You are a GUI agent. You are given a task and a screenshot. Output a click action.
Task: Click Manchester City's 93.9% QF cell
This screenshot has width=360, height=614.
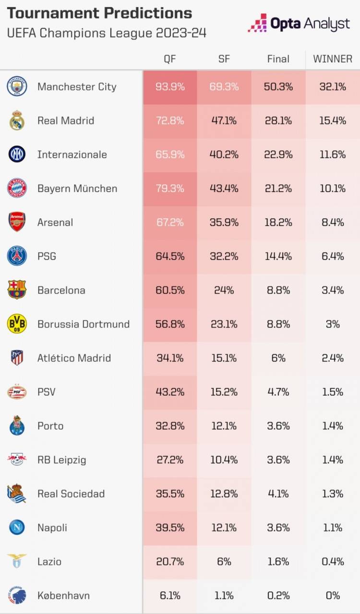pyautogui.click(x=170, y=87)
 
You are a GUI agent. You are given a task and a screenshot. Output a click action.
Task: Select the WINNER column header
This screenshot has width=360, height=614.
pyautogui.click(x=333, y=59)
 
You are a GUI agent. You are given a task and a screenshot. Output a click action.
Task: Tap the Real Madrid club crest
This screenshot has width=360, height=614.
pyautogui.click(x=17, y=120)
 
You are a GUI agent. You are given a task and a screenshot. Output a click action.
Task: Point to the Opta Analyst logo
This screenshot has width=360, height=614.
pyautogui.click(x=299, y=23)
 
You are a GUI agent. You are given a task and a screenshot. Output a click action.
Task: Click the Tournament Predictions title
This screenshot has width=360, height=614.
pyautogui.click(x=99, y=13)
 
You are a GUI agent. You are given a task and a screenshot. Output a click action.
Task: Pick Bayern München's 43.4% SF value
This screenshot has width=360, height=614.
pyautogui.click(x=224, y=189)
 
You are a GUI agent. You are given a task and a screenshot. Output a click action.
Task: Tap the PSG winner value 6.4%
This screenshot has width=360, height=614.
pyautogui.click(x=333, y=256)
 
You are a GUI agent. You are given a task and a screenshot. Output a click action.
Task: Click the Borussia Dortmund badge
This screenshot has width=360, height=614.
pyautogui.click(x=17, y=324)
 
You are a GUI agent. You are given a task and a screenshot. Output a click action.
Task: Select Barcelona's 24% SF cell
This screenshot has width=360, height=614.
pyautogui.click(x=224, y=290)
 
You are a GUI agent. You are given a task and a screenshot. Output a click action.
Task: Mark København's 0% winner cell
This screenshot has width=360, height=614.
pyautogui.click(x=333, y=596)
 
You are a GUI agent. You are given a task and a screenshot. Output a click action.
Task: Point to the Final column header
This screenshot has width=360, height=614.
pyautogui.click(x=278, y=59)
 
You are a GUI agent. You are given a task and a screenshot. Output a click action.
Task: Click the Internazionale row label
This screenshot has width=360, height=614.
pyautogui.click(x=72, y=154)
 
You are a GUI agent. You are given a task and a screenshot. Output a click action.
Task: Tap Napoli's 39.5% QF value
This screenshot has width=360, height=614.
pyautogui.click(x=170, y=528)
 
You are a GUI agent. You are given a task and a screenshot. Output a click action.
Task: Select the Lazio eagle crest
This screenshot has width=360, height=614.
pyautogui.click(x=17, y=562)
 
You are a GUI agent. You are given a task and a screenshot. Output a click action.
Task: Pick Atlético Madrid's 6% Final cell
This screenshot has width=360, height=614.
pyautogui.click(x=278, y=358)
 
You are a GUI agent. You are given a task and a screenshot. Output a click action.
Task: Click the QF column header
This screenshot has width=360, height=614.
pyautogui.click(x=170, y=59)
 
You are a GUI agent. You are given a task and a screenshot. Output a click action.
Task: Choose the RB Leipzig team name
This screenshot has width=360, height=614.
pyautogui.click(x=62, y=460)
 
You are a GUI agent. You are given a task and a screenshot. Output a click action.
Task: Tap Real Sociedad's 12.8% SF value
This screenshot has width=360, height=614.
pyautogui.click(x=224, y=494)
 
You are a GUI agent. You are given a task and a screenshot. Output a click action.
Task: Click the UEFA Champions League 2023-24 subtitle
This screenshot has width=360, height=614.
pyautogui.click(x=107, y=33)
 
